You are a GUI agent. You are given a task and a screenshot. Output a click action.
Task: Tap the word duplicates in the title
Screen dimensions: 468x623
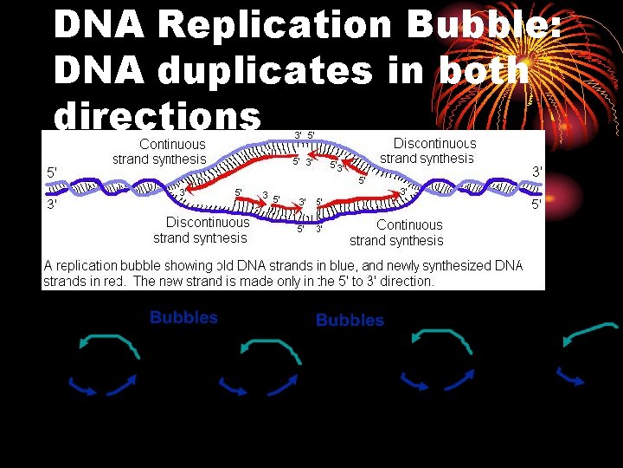point(245,71)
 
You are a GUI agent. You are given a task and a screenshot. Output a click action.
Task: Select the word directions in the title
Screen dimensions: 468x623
point(157,116)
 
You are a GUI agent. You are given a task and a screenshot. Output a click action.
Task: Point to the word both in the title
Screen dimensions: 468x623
point(483,71)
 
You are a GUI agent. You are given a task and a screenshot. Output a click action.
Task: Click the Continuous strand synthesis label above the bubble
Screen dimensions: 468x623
point(159,152)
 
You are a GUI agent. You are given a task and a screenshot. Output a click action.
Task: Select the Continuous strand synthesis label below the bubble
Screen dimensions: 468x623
point(396,232)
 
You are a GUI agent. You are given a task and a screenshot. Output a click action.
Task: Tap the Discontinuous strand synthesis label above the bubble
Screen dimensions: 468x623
point(427,150)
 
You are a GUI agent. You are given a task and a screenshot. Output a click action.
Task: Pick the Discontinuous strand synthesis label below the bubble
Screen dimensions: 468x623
point(200,230)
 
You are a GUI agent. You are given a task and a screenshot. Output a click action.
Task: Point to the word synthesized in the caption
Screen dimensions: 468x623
point(445,266)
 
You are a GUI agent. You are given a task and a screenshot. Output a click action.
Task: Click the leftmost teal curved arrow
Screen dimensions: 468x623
point(108,341)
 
